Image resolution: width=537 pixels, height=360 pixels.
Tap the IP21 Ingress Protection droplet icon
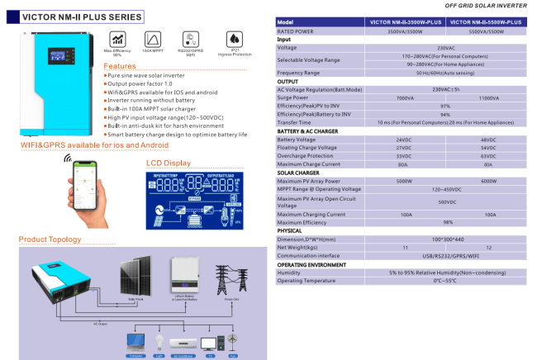tap(234, 39)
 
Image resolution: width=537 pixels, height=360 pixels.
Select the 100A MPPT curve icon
tap(152, 39)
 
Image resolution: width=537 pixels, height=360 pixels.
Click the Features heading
tap(120, 66)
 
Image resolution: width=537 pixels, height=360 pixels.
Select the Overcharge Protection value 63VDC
tap(487, 155)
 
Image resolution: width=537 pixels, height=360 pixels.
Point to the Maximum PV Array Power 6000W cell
tap(487, 181)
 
